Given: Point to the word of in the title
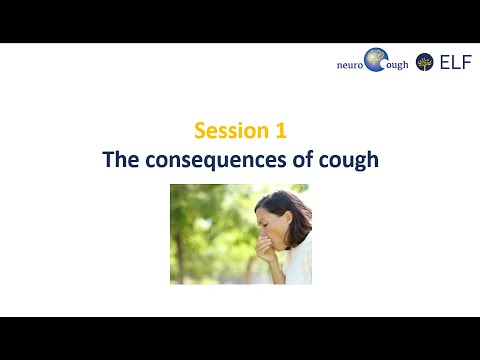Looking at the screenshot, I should [303, 159].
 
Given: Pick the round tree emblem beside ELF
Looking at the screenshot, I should [425, 61].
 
